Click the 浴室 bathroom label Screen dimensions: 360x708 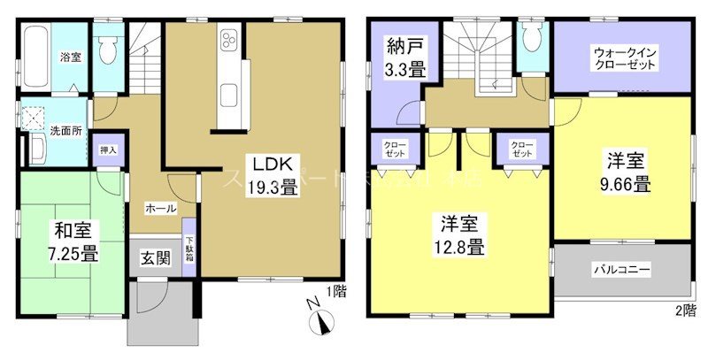click(x=71, y=58)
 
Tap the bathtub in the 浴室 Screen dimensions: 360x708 click(x=35, y=55)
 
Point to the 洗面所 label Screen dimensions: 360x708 click(x=65, y=130)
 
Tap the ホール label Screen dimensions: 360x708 click(x=159, y=209)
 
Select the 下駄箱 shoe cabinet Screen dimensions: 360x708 click(x=189, y=249)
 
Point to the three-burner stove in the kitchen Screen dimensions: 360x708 click(x=228, y=42)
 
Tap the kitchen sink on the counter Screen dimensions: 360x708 click(x=228, y=94)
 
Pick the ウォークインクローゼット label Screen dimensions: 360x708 click(x=621, y=60)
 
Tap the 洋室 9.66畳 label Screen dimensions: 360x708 click(x=627, y=172)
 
